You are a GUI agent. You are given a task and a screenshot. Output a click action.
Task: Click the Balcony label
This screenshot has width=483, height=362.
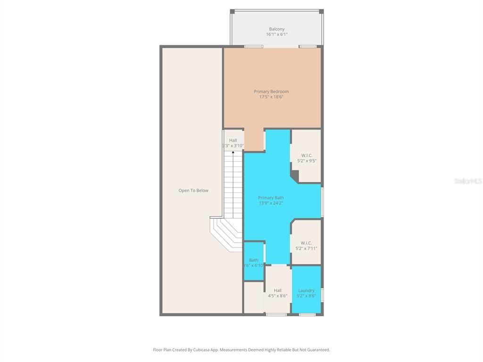pos(276,29)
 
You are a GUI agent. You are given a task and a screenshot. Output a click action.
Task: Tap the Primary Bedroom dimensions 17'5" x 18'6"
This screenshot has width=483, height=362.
pos(271,97)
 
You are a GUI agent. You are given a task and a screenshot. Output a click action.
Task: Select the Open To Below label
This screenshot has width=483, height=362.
pos(193,190)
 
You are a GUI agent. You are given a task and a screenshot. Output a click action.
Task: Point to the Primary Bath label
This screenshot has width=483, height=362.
pos(271,197)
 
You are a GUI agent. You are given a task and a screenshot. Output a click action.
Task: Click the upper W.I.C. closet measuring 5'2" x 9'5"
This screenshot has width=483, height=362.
pos(307,158)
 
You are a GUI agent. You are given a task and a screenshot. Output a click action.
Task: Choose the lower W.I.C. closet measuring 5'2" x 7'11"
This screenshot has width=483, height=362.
pos(306,246)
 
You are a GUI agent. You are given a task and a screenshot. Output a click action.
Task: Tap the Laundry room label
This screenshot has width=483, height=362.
pos(306,290)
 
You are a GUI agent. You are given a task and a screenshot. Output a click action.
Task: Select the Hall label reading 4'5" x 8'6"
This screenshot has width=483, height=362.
pos(277,293)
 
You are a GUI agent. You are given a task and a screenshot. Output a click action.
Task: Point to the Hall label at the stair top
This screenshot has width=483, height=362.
pos(233,140)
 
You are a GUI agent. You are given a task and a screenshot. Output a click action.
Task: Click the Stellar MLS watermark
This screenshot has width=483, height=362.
pos(468,181)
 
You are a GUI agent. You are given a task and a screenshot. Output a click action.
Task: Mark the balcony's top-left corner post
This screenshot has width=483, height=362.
pos(232,11)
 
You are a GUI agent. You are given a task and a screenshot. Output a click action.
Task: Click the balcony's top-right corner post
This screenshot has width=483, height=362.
pos(321,11)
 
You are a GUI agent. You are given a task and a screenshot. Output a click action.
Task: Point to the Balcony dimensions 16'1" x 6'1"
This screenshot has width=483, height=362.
pos(276,34)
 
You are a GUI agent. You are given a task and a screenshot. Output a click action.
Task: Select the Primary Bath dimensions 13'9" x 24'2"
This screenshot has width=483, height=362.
pos(271,203)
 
